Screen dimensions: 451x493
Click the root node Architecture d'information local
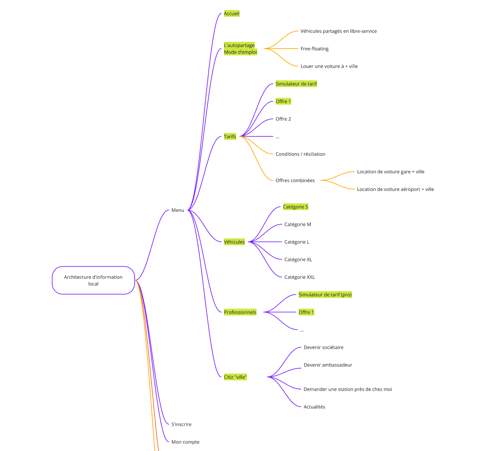(x=93, y=280)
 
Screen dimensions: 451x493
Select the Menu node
(x=178, y=210)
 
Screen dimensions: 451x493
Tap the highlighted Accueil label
(x=231, y=14)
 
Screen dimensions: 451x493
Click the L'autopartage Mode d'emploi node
(x=240, y=49)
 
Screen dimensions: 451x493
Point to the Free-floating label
(x=314, y=49)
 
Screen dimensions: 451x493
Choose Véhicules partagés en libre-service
(x=339, y=31)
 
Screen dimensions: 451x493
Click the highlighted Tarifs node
(x=230, y=137)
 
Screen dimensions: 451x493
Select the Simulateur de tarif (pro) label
(x=325, y=295)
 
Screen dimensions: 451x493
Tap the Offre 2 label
(x=283, y=119)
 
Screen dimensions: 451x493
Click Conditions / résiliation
(x=300, y=154)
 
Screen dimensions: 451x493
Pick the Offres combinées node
(x=295, y=181)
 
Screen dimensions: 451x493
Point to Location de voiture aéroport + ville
(x=395, y=189)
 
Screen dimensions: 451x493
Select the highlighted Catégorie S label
(x=295, y=207)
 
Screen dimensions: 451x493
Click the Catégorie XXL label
(x=299, y=277)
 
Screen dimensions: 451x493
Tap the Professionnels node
(x=240, y=312)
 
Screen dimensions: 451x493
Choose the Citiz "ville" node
(x=235, y=377)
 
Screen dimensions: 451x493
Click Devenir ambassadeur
(x=328, y=365)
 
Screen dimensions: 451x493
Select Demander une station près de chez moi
(x=348, y=389)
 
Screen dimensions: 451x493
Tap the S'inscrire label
(x=181, y=424)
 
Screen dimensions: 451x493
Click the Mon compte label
(x=185, y=442)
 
